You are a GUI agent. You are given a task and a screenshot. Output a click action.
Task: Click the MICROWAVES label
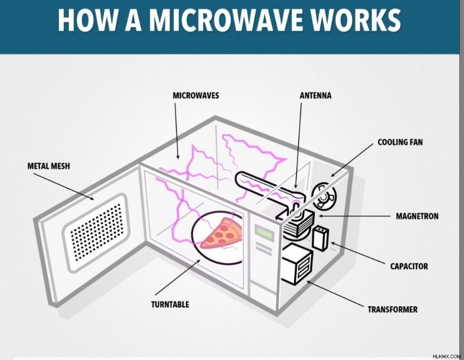pos(195,96)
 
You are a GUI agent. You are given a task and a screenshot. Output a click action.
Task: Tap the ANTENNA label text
pos(316,96)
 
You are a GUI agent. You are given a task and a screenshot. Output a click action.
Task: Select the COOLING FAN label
pos(400,142)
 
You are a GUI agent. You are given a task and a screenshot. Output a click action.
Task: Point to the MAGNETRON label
pos(417,216)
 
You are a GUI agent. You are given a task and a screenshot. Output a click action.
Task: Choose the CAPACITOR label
pos(409,266)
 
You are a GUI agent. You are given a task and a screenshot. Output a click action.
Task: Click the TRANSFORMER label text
pos(393,310)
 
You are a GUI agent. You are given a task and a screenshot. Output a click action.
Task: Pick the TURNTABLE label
pos(170,304)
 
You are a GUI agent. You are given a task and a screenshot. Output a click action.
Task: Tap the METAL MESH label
pos(49,166)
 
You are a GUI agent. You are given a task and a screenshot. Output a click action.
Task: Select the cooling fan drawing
pos(324,195)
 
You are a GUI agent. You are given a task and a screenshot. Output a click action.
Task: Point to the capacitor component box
pos(321,238)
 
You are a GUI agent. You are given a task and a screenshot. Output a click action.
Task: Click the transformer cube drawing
pos(296,264)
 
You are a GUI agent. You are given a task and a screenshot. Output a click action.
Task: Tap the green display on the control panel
pos(264,232)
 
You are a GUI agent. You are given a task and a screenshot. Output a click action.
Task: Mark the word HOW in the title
pos(88,20)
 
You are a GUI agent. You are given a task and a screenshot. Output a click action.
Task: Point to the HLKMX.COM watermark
pos(447,357)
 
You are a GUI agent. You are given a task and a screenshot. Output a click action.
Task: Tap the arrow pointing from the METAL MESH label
pos(64,187)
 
